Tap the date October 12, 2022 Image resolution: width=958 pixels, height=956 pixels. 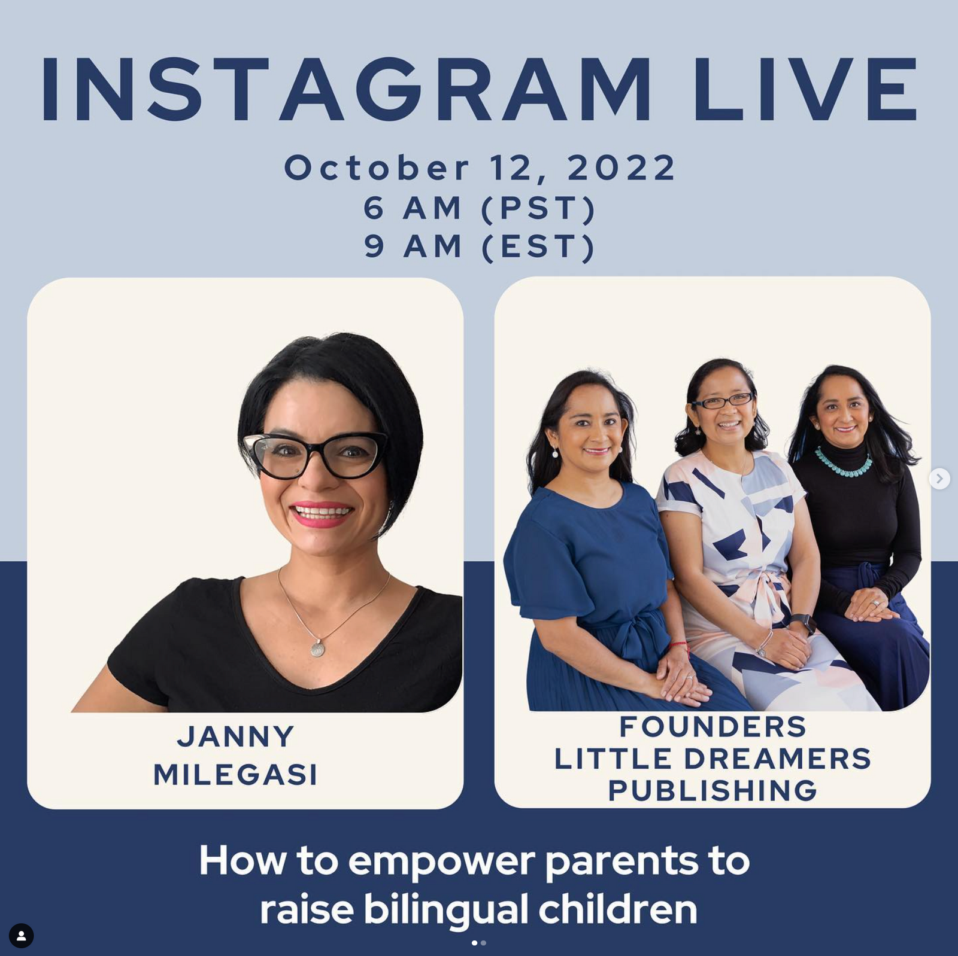point(480,168)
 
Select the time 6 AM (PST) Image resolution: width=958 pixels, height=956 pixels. point(480,208)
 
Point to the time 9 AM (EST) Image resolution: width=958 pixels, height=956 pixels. point(480,246)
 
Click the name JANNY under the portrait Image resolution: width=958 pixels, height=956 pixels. point(235,736)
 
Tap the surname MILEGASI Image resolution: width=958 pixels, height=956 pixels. point(235,775)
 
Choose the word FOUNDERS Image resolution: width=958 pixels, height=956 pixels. point(713,727)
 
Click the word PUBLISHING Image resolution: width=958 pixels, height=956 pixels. point(713,790)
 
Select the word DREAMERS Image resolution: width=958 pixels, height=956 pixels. point(777,759)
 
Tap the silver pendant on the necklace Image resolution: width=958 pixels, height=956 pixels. point(318,647)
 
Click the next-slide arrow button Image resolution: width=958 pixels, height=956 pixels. point(939,479)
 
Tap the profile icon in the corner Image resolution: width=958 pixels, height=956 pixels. point(21,936)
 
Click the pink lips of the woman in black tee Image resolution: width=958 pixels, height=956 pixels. point(322,514)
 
